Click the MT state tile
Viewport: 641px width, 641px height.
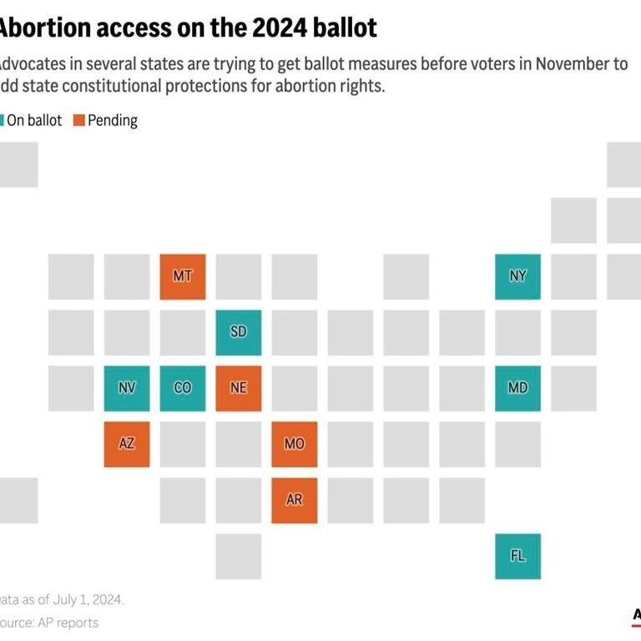pyautogui.click(x=183, y=276)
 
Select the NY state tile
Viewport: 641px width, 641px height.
pyautogui.click(x=517, y=276)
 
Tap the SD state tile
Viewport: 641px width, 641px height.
pyautogui.click(x=239, y=332)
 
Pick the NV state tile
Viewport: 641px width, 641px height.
pyautogui.click(x=127, y=388)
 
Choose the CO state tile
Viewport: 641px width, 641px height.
pyautogui.click(x=183, y=388)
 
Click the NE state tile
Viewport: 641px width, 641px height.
pyautogui.click(x=239, y=388)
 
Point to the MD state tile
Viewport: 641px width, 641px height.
pyautogui.click(x=517, y=388)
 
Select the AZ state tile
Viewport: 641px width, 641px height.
pyautogui.click(x=127, y=444)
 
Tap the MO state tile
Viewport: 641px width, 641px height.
pyautogui.click(x=295, y=444)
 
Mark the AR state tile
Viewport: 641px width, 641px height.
pyautogui.click(x=295, y=500)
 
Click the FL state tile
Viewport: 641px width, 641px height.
pyautogui.click(x=517, y=556)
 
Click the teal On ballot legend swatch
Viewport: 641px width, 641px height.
pyautogui.click(x=3, y=120)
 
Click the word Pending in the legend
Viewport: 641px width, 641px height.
pyautogui.click(x=113, y=120)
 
